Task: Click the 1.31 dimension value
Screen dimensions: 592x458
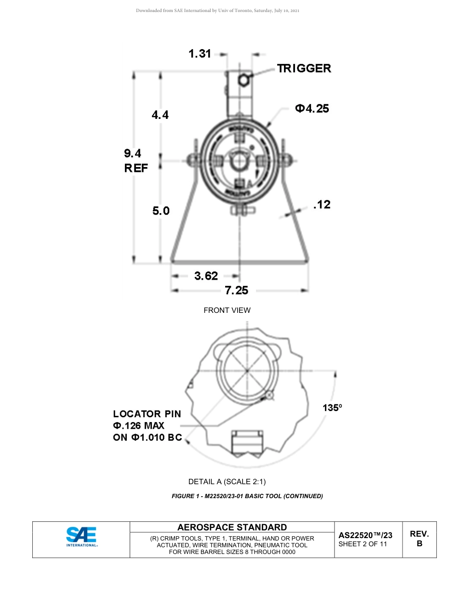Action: pyautogui.click(x=200, y=54)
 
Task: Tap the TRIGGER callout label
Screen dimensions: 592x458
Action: pyautogui.click(x=304, y=68)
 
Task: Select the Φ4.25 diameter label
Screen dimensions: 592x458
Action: pyautogui.click(x=312, y=109)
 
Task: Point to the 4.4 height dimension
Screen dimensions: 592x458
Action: pyautogui.click(x=160, y=115)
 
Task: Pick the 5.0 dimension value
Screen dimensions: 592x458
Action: pyautogui.click(x=161, y=211)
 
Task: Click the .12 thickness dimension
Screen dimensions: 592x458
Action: pyautogui.click(x=322, y=205)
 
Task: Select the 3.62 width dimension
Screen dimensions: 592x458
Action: pyautogui.click(x=206, y=276)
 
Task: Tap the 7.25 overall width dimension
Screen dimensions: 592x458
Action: pyautogui.click(x=236, y=290)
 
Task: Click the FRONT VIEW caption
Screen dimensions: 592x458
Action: pyautogui.click(x=227, y=310)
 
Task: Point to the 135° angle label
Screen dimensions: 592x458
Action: pyautogui.click(x=332, y=408)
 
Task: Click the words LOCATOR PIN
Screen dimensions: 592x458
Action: pyautogui.click(x=147, y=414)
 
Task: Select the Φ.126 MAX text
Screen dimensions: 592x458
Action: pyautogui.click(x=139, y=426)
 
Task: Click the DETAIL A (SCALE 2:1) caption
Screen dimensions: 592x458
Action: pyautogui.click(x=227, y=482)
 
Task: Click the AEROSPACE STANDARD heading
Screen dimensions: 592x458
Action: pyautogui.click(x=232, y=528)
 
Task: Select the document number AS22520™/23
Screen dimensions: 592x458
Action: pyautogui.click(x=365, y=535)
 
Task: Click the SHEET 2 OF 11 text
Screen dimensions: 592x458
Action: pyautogui.click(x=363, y=544)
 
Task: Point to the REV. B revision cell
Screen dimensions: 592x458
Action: pyautogui.click(x=419, y=539)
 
